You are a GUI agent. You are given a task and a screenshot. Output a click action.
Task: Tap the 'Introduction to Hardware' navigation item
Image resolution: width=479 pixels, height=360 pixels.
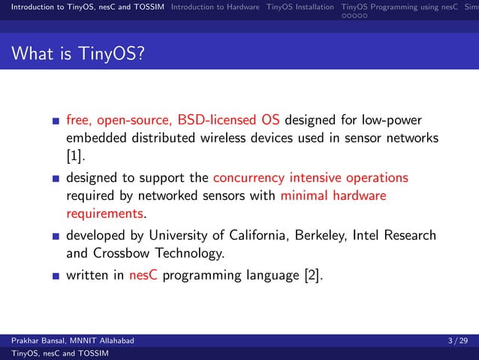tap(215, 8)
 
